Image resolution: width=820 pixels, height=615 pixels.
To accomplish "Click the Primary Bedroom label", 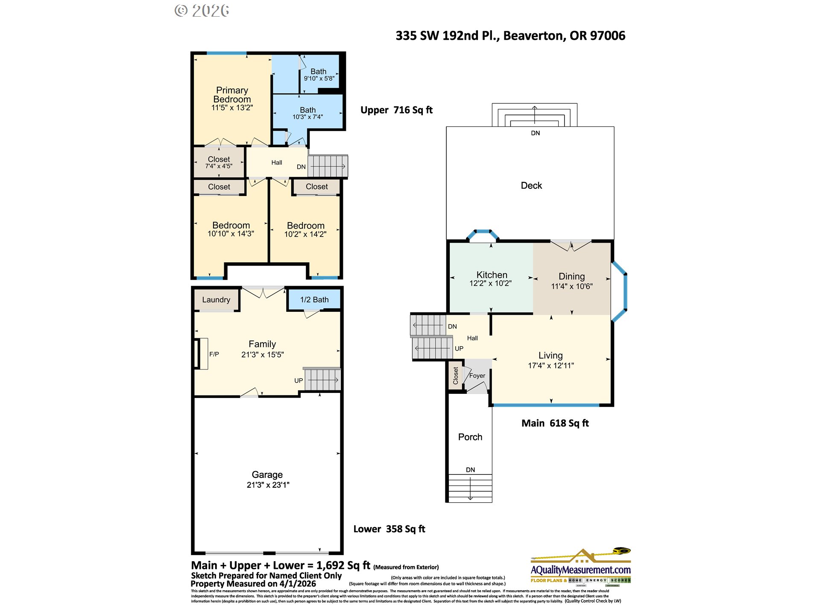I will point(232,94).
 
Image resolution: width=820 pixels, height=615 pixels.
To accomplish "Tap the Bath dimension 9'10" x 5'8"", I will point(319,79).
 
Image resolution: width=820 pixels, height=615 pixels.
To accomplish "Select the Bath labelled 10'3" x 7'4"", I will point(307,110).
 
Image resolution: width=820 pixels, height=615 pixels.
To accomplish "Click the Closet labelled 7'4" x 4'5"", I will point(219,159).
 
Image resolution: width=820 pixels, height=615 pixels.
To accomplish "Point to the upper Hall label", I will point(276,163).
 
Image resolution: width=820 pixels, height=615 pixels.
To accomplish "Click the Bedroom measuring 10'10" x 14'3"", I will point(231,225).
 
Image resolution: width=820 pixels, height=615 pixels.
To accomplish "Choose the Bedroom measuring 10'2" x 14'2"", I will point(305,226).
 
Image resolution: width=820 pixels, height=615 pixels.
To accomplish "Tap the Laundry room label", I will point(216,300).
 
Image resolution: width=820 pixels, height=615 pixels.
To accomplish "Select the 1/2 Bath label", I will point(314,300).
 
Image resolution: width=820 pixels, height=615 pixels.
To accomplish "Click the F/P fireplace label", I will point(214,354).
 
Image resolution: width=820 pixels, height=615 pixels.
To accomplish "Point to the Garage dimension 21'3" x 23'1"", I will point(268,485).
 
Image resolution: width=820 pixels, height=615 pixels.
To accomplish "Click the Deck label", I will point(531,186).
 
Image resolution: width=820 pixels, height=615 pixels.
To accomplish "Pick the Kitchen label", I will point(492,275).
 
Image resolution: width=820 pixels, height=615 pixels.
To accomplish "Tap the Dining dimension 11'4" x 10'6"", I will point(571,287).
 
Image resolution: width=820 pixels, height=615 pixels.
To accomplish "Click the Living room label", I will point(551,356).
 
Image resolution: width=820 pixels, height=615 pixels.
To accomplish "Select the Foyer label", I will point(477,376).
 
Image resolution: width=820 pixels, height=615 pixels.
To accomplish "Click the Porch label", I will point(470,437).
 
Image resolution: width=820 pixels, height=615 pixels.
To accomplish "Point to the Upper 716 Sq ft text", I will point(396,110).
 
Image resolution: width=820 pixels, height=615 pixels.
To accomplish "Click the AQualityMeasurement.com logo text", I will point(580,570).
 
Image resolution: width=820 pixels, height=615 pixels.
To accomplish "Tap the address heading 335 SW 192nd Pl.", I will point(510,36).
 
